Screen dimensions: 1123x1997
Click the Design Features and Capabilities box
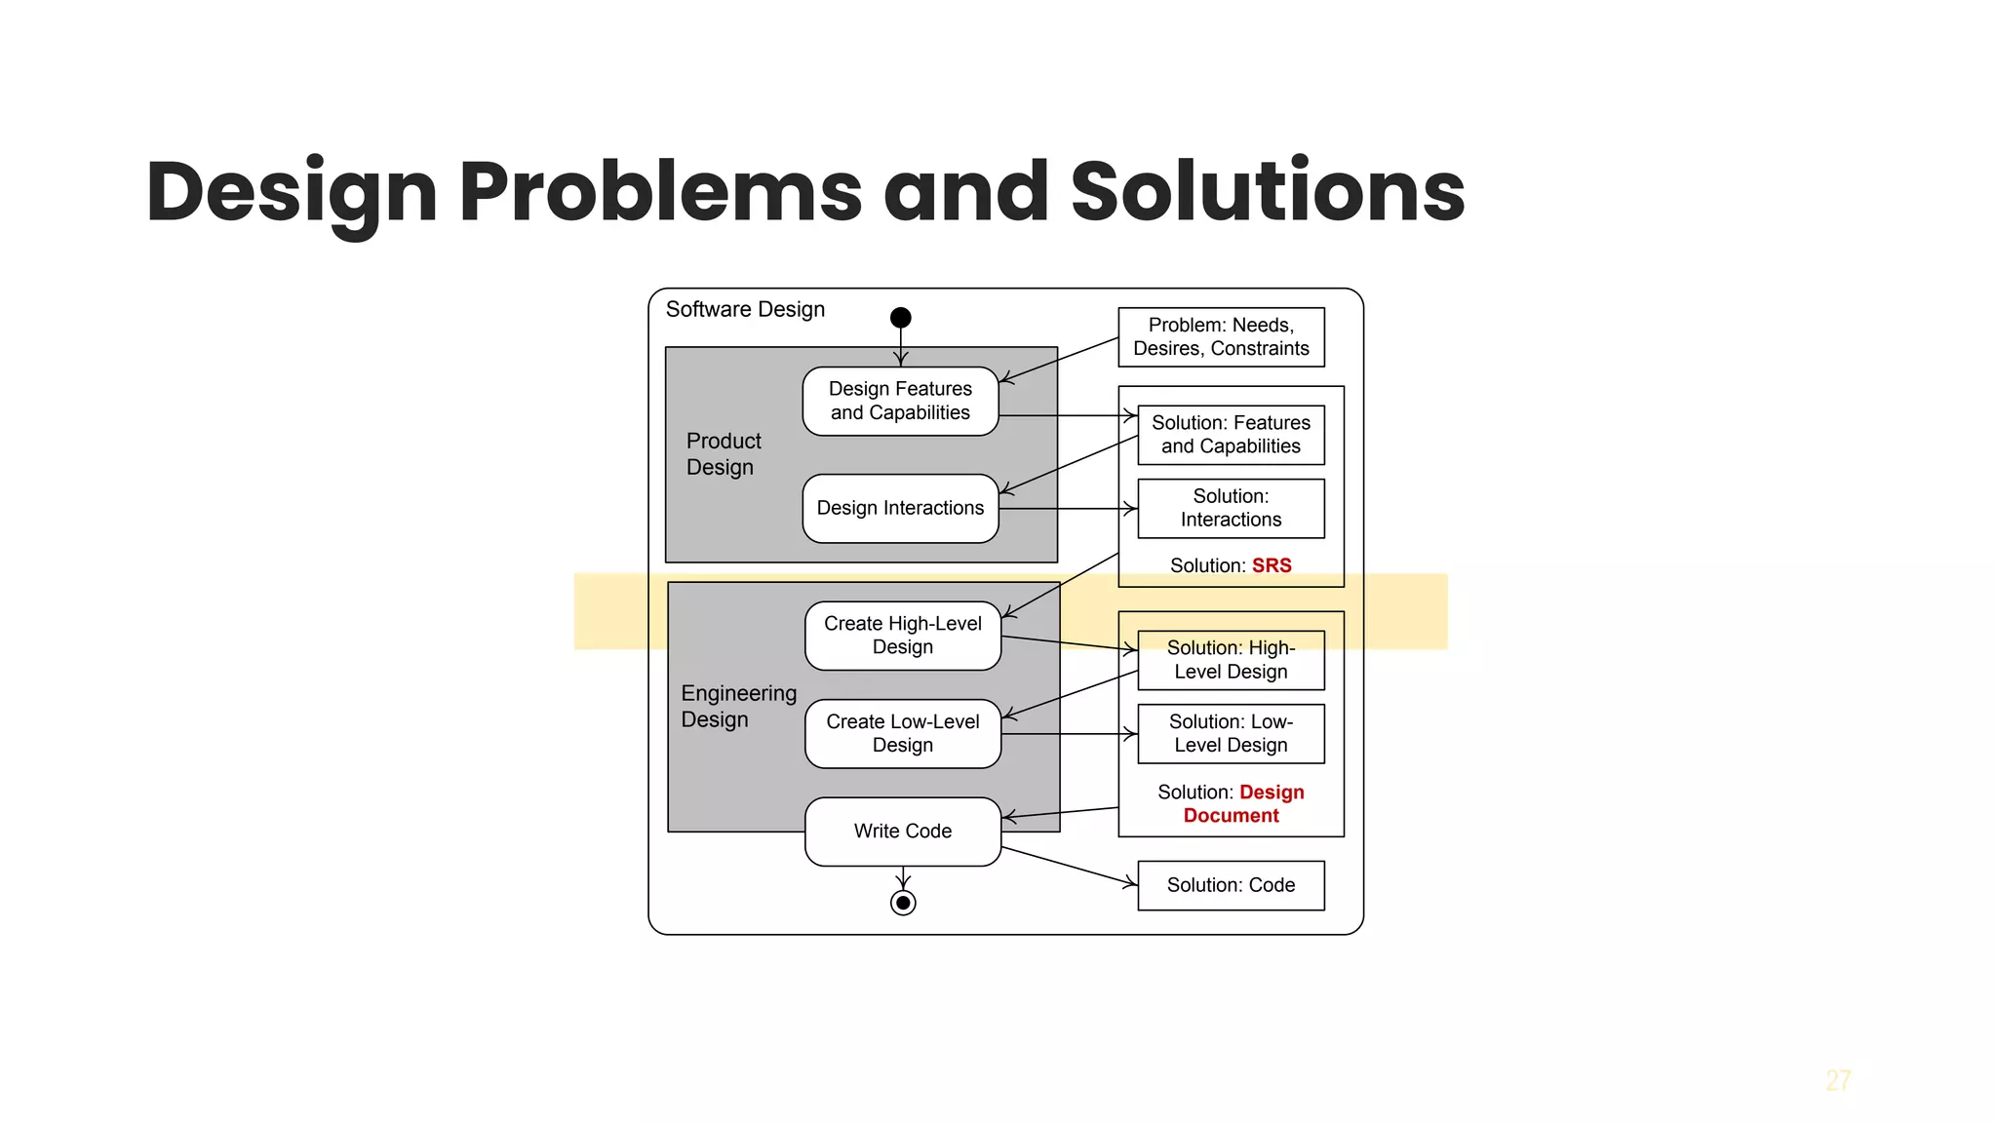tap(900, 401)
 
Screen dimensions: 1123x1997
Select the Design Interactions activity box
tap(900, 508)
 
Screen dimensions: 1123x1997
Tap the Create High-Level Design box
tap(903, 636)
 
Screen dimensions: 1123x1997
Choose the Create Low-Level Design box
tap(903, 733)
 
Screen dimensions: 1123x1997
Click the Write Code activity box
tap(903, 832)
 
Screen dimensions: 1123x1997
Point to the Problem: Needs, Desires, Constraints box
tap(1221, 337)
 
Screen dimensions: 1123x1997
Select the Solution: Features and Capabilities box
tap(1231, 435)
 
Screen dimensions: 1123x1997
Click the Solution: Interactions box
tap(1231, 508)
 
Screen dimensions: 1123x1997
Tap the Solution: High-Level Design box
tap(1231, 660)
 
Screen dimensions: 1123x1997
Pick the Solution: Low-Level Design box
tap(1231, 733)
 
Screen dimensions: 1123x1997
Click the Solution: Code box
tap(1231, 885)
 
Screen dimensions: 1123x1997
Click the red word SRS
tap(1272, 565)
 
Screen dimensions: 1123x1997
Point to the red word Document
tap(1231, 816)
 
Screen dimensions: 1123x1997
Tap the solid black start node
tap(901, 318)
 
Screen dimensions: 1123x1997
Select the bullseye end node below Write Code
tap(903, 903)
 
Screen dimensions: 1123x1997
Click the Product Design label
tap(723, 454)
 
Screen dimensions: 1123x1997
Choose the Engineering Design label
tap(738, 707)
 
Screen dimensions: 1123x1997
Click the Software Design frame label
tap(745, 309)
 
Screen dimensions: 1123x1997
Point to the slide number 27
tap(1838, 1081)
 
